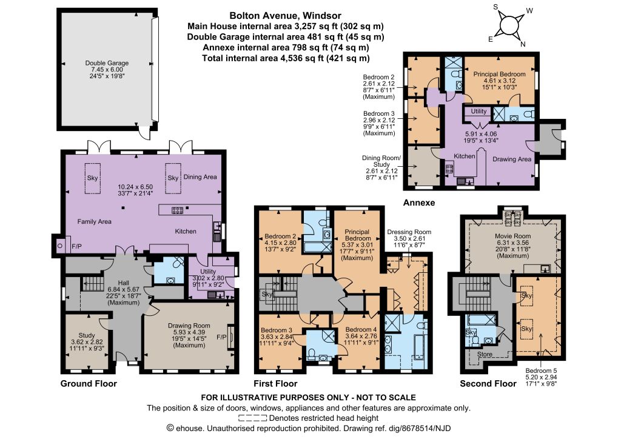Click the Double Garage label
pos(107,63)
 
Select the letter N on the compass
pos(523,44)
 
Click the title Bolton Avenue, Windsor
pos(286,16)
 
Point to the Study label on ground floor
pos(87,335)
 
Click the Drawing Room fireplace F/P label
pos(221,337)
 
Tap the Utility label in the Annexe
pos(478,111)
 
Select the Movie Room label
pos(513,236)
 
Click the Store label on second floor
pos(485,354)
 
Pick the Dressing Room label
pos(409,232)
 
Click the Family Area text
pos(94,222)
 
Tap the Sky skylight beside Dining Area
pos(173,178)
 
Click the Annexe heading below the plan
pos(419,203)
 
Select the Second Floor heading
pos(488,384)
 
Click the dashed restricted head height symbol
pos(252,418)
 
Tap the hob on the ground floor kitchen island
pos(177,210)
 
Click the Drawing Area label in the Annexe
pos(512,159)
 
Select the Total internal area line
pos(286,58)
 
